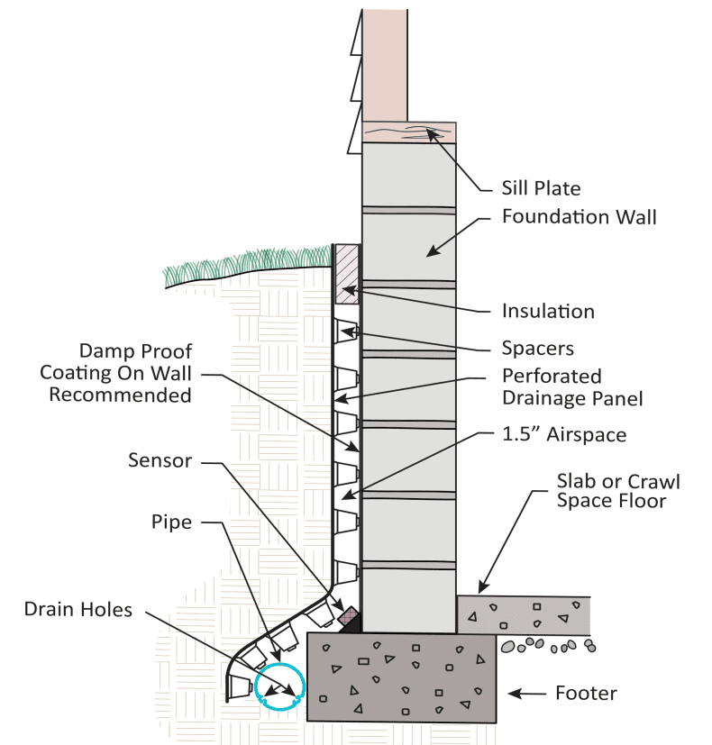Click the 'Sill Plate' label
coord(540,188)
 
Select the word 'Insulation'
coord(548,312)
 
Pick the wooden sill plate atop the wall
coord(409,132)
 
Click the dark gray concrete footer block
coord(401,677)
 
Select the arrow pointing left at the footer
coord(533,694)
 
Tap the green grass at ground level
coord(243,263)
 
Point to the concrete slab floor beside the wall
coord(523,613)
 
